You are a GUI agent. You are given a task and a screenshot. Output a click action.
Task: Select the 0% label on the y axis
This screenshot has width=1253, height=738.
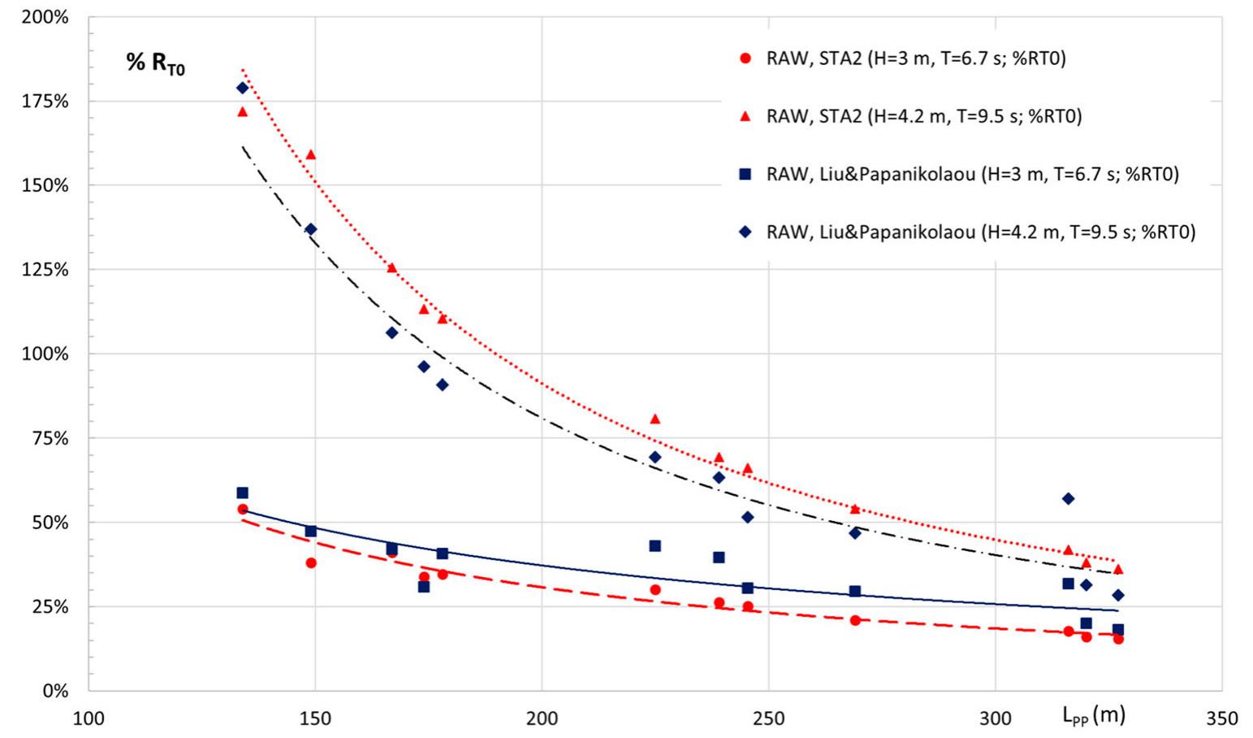56,691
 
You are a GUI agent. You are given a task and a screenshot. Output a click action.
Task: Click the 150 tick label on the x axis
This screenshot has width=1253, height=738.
315,718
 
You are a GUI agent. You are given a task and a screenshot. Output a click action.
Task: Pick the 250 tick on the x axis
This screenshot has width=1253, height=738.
768,718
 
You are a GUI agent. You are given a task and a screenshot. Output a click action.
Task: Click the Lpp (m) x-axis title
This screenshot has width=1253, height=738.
1093,715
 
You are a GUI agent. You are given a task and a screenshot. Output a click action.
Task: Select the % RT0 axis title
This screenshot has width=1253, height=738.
156,64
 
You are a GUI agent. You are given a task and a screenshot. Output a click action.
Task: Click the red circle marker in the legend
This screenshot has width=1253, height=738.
745,59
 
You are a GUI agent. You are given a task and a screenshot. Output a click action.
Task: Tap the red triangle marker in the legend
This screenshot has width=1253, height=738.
745,116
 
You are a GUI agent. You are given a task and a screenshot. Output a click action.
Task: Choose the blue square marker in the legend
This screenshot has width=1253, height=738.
745,174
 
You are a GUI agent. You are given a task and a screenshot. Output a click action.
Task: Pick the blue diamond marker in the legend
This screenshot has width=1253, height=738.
745,232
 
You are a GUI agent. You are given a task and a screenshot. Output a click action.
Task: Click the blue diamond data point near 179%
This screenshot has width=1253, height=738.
242,88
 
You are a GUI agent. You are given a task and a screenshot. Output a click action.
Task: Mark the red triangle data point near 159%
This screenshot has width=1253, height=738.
310,154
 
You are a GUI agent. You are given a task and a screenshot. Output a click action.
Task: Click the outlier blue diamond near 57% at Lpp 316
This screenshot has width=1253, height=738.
1068,498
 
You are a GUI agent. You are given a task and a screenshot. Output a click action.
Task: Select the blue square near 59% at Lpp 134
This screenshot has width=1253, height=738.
242,493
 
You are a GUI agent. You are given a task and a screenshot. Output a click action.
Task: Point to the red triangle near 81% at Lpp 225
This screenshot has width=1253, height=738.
655,419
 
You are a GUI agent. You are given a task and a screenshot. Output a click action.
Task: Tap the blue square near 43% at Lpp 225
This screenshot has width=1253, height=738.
655,546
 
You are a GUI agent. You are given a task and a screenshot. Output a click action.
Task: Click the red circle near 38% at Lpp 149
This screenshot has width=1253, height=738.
310,562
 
